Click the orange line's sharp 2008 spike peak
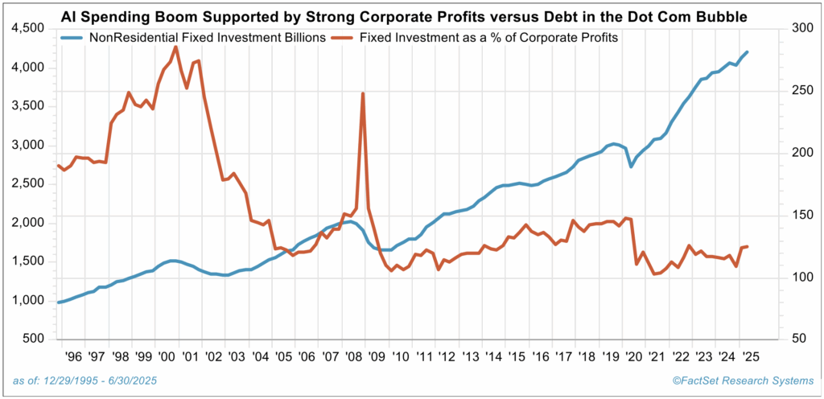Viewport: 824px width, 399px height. point(363,93)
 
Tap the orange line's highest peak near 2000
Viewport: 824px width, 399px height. point(175,47)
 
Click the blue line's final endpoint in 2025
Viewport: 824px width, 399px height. point(748,52)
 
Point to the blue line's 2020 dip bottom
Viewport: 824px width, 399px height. point(631,167)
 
